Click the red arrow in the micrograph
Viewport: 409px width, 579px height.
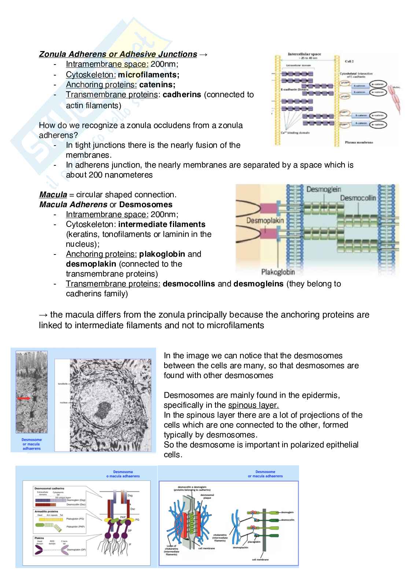click(x=24, y=398)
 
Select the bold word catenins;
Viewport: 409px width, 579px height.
click(x=157, y=85)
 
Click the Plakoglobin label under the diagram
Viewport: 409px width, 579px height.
click(x=278, y=272)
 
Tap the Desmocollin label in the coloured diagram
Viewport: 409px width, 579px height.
click(x=358, y=198)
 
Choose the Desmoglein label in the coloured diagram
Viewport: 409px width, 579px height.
click(x=324, y=190)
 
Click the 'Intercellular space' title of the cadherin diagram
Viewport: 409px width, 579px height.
click(x=304, y=54)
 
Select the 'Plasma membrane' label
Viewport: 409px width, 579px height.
click(x=359, y=142)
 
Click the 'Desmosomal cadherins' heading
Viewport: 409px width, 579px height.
click(x=49, y=488)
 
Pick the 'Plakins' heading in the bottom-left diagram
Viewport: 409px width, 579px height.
click(x=39, y=538)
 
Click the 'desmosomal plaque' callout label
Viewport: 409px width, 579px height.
click(x=207, y=496)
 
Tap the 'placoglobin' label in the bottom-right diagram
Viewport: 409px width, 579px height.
click(x=254, y=541)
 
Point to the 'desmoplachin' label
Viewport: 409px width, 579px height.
click(x=240, y=547)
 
